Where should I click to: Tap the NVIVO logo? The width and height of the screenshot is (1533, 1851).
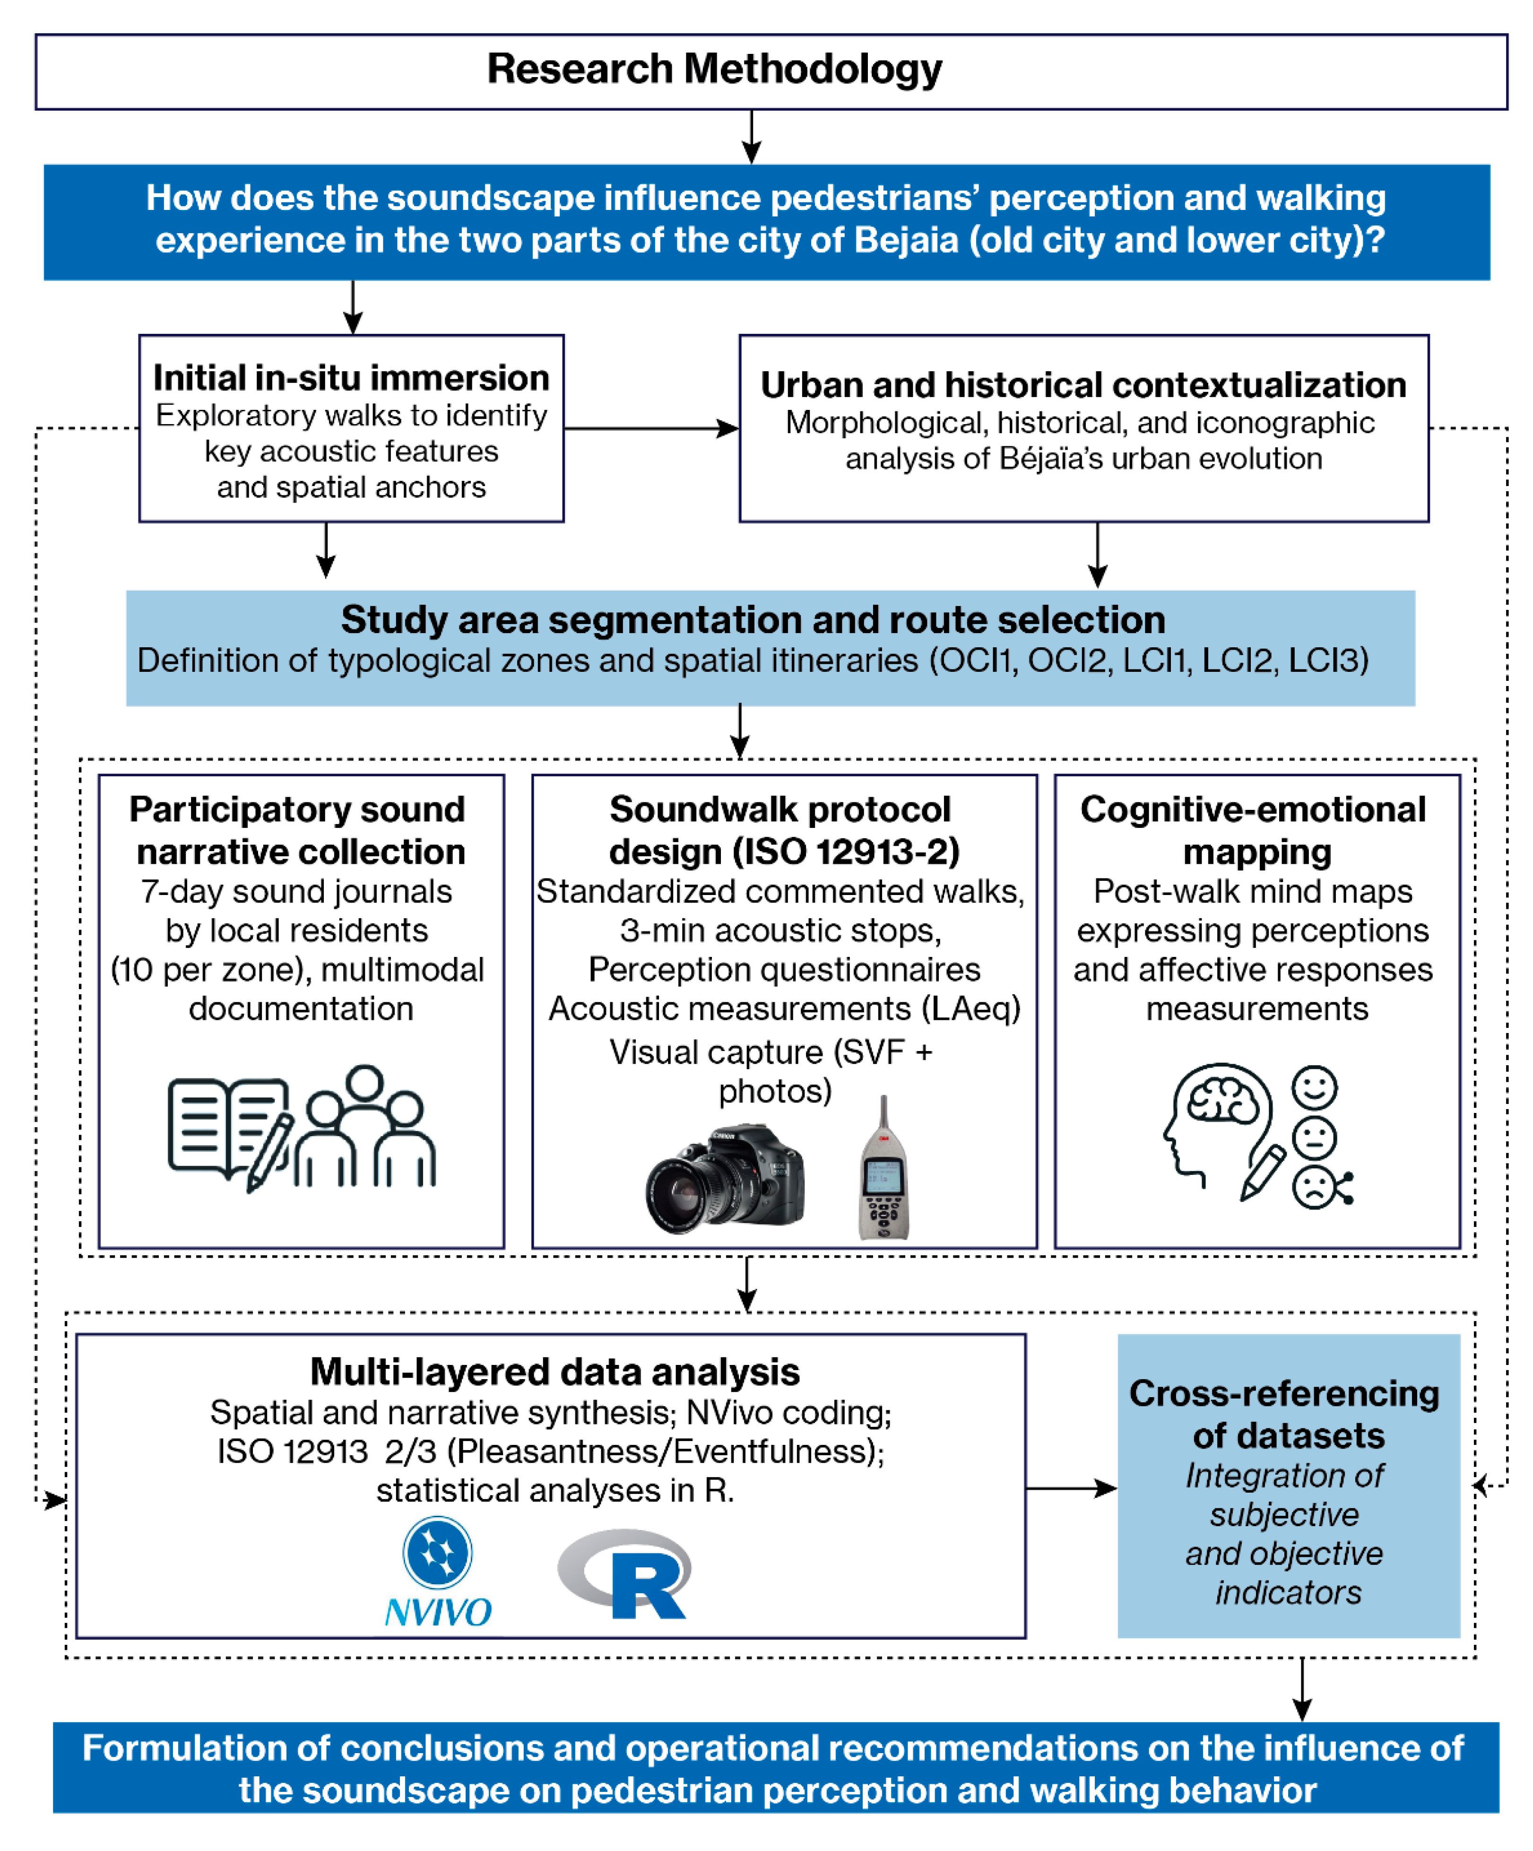tap(438, 1572)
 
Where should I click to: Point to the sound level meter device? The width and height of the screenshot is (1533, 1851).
tap(883, 1173)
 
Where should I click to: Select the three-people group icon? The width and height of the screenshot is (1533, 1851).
tap(365, 1128)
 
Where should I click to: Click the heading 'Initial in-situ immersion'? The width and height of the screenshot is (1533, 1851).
tap(351, 378)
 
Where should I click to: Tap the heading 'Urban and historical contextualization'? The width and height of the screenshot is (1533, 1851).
tap(1083, 385)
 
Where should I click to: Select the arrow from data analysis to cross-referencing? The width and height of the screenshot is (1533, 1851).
tap(1071, 1489)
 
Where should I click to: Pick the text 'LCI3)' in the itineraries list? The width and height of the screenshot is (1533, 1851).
tap(1328, 660)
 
